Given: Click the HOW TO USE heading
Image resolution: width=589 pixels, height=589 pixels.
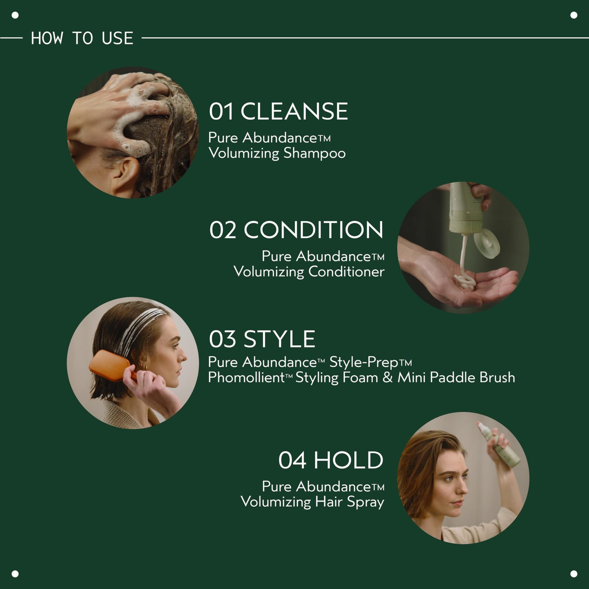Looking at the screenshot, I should pos(82,38).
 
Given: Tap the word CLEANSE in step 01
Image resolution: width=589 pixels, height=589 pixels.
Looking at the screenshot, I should pos(294,112).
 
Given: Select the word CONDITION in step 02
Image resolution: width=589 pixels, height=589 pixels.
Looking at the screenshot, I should pos(313,230).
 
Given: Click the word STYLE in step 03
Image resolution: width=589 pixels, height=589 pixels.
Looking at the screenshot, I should pos(279,339).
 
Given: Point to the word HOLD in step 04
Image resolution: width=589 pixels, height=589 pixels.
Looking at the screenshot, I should pos(348,460).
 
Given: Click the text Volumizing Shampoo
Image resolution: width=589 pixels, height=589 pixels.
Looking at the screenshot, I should pos(277,153).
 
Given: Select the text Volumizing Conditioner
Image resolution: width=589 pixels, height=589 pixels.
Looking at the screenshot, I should pos(309,271).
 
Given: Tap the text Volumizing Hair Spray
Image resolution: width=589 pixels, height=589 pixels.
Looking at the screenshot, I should pos(312,502).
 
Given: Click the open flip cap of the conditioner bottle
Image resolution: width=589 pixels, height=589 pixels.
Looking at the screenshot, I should pos(487,242).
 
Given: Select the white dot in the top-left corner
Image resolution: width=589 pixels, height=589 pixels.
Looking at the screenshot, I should pos(15,15).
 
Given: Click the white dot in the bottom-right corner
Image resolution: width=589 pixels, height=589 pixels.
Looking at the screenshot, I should pos(574,574).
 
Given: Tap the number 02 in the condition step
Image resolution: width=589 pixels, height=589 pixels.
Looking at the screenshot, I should pos(223,230).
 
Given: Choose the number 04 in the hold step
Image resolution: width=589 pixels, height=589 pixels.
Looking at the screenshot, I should pos(292,460).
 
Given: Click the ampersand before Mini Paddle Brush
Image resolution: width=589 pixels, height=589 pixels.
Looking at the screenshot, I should pos(388,377).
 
